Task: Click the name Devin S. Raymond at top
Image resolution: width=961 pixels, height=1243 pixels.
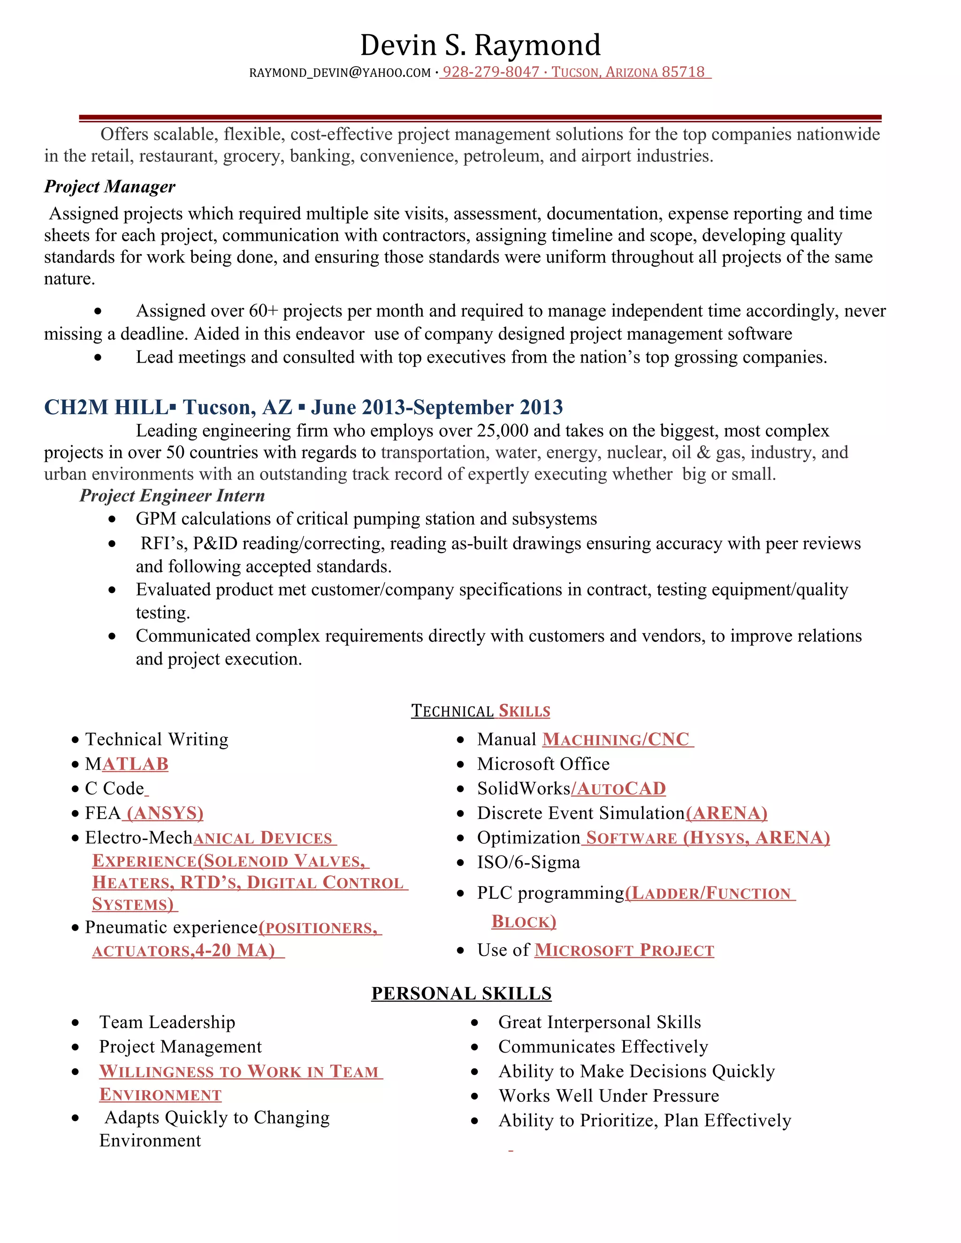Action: point(480,45)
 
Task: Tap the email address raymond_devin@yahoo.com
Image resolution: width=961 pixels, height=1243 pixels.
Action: point(340,73)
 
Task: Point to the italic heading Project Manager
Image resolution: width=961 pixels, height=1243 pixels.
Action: point(110,187)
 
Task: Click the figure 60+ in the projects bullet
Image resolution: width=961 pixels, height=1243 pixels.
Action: point(263,311)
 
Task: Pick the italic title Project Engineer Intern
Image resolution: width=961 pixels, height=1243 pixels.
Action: point(172,496)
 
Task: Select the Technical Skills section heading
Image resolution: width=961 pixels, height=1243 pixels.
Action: point(480,711)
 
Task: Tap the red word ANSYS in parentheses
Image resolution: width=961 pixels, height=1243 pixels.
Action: point(165,813)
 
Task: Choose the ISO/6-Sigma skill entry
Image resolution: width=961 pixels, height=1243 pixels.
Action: point(528,862)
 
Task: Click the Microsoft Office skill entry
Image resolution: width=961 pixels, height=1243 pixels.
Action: point(542,764)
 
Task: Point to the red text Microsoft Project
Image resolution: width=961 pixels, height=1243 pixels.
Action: point(624,950)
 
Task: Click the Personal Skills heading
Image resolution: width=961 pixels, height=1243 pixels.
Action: point(461,993)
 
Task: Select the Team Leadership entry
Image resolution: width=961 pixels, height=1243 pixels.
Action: point(167,1022)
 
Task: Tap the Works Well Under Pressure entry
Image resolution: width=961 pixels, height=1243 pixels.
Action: point(608,1096)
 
